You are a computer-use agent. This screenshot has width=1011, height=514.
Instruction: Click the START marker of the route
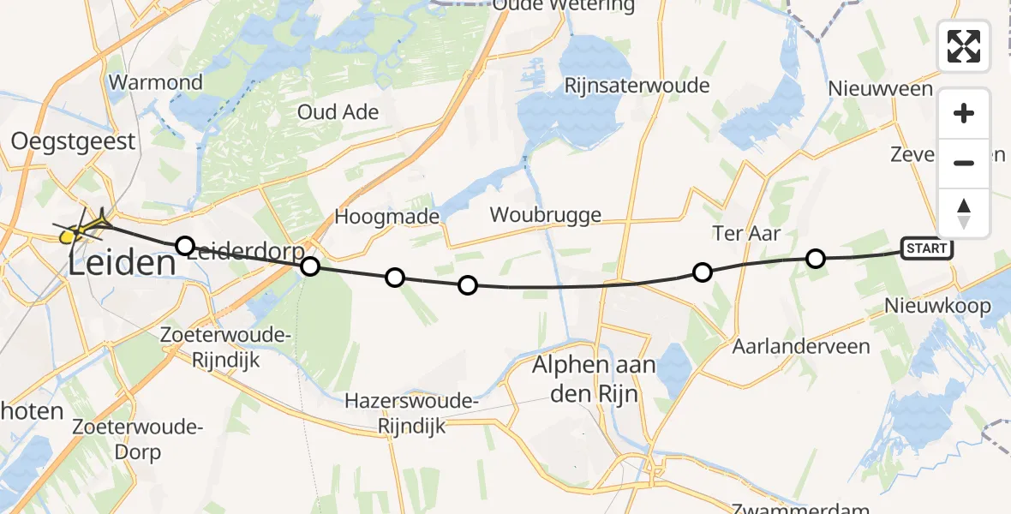pyautogui.click(x=927, y=249)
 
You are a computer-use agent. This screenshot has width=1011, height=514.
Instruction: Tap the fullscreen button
pyautogui.click(x=964, y=45)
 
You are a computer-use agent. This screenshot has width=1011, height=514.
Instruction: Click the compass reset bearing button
pyautogui.click(x=964, y=213)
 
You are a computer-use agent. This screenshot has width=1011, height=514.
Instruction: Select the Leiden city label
pyautogui.click(x=122, y=263)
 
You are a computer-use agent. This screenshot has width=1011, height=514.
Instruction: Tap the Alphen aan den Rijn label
pyautogui.click(x=594, y=378)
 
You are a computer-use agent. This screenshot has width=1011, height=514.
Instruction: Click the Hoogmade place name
pyautogui.click(x=387, y=217)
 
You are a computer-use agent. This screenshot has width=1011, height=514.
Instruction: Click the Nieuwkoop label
pyautogui.click(x=937, y=306)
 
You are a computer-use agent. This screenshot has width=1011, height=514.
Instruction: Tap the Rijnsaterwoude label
pyautogui.click(x=637, y=86)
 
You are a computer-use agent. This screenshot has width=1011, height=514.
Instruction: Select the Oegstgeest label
pyautogui.click(x=73, y=140)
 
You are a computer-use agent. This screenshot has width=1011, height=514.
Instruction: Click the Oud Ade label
pyautogui.click(x=338, y=112)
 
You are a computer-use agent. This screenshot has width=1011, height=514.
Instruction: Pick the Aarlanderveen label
pyautogui.click(x=801, y=347)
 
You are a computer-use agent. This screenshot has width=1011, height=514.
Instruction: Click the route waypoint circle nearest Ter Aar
pyautogui.click(x=703, y=272)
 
